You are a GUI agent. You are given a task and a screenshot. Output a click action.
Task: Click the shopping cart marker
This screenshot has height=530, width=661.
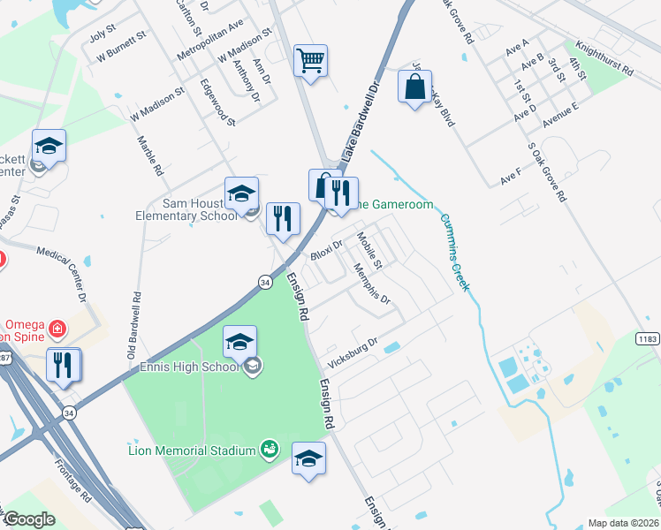coord(311,61)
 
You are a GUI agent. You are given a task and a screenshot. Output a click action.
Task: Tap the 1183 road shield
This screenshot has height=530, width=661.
coord(648,338)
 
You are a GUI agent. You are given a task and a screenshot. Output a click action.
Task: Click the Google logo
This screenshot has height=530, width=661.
coord(28,519)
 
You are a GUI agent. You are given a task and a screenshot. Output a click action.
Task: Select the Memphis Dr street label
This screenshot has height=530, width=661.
coord(372,284)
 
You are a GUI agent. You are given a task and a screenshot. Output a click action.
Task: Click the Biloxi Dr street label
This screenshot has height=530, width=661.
coord(326,251)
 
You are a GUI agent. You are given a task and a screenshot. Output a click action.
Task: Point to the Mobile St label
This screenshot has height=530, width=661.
coord(368,250)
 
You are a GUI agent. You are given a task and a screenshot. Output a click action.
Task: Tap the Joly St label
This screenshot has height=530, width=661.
coord(103,34)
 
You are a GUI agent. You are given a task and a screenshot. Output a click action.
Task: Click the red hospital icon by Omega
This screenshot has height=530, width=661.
coord(58,329)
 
